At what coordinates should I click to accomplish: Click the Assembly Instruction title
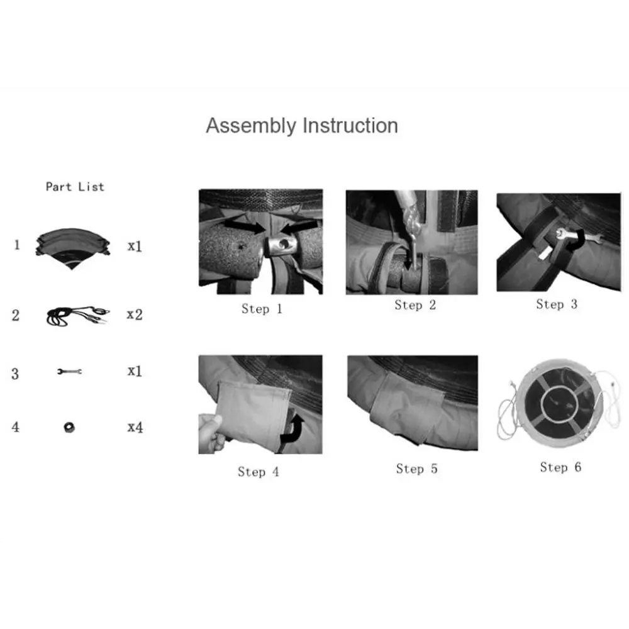pos(302,126)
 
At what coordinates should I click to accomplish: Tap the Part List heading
pos(75,187)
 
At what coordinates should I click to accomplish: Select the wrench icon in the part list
pos(69,372)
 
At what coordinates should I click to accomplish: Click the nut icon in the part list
pos(69,427)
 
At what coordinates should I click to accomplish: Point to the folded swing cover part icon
pos(72,248)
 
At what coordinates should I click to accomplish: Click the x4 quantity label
pos(135,427)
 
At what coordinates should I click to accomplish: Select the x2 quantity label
pos(135,314)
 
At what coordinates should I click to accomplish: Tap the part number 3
pos(15,374)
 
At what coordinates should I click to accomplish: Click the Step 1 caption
pos(262,308)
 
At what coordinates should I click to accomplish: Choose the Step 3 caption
pos(557,304)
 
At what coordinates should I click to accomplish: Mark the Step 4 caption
pos(259,471)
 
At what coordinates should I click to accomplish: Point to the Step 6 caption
pos(560,467)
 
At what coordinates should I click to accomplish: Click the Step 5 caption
pos(417,469)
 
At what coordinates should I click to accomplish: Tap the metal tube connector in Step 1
pos(281,247)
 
